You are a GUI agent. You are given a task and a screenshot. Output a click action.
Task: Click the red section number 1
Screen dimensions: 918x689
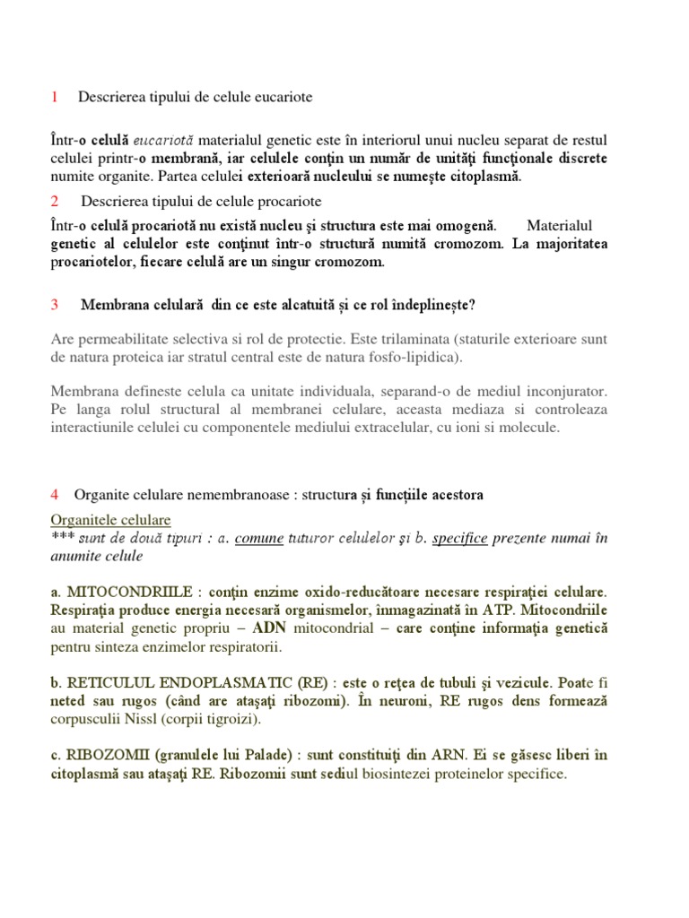coord(54,96)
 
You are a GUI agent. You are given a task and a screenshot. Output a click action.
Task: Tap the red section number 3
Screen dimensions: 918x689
coord(55,305)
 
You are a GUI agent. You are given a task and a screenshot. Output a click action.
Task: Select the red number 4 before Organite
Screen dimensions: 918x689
coord(55,495)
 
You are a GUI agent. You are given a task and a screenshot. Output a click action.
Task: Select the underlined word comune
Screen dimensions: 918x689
coord(259,538)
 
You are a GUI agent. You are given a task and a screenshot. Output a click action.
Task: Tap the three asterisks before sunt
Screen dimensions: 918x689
coord(63,538)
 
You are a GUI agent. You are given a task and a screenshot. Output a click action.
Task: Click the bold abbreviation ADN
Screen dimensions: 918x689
coord(273,628)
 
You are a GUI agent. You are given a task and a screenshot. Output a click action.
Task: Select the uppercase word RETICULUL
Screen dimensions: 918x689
coord(109,683)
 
